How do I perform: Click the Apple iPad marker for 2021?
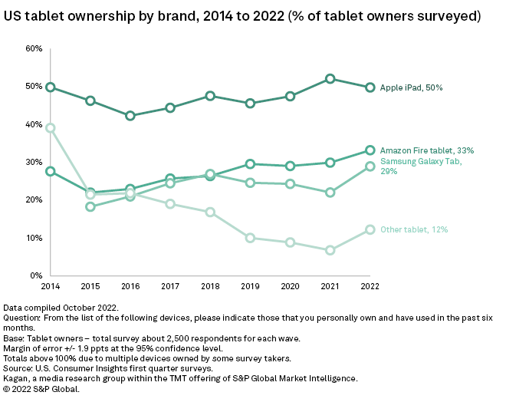click(330, 79)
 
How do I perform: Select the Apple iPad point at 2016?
click(130, 116)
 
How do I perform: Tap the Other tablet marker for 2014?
click(50, 128)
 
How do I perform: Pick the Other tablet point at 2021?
click(330, 250)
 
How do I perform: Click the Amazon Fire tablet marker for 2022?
click(370, 150)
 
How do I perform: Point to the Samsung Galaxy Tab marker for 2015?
click(90, 206)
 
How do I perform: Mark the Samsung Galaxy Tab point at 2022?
click(370, 166)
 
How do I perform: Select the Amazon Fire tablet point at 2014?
click(50, 171)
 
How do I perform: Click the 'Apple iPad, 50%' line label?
click(411, 87)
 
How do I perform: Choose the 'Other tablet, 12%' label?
click(414, 229)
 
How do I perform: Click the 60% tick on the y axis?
click(34, 48)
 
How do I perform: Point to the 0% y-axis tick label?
click(36, 275)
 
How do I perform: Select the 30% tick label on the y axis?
click(34, 162)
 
